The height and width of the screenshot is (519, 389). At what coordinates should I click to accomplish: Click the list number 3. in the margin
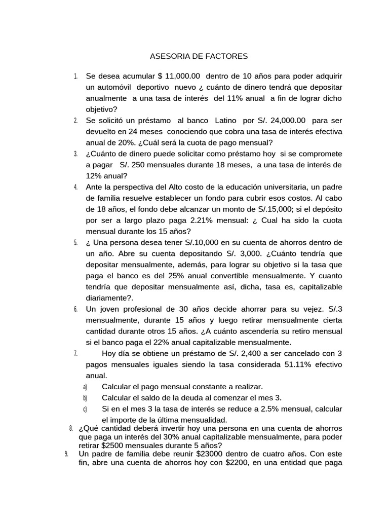click(75, 154)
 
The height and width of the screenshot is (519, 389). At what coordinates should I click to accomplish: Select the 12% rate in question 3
click(96, 176)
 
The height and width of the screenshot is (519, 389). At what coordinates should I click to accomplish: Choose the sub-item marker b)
click(85, 398)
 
